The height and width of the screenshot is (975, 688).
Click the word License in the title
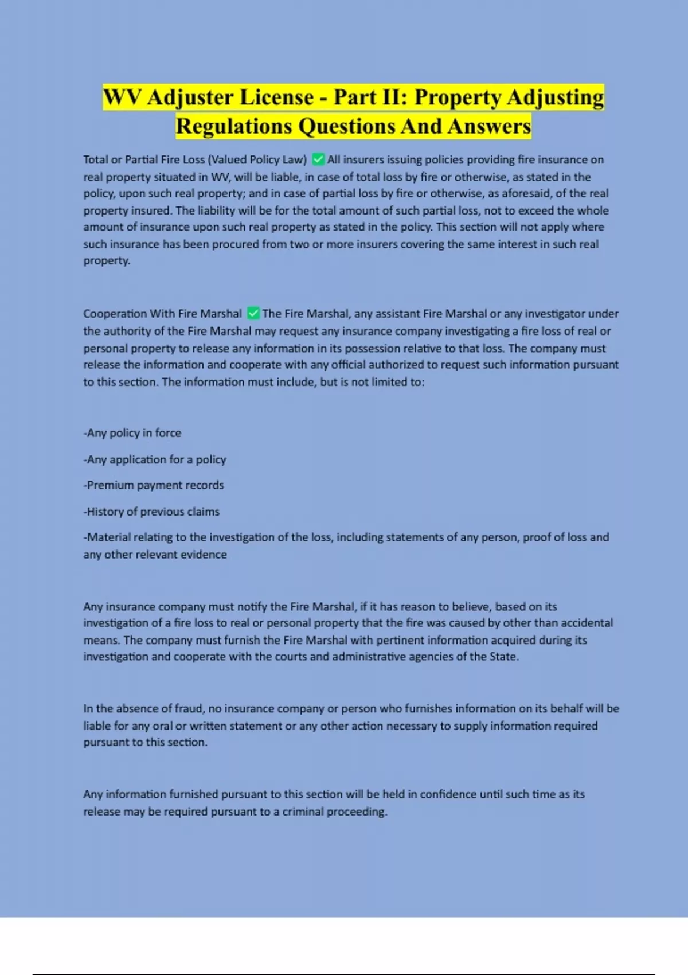276,97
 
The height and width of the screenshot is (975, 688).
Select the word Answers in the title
490,127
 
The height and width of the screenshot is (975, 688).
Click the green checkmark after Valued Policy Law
318,159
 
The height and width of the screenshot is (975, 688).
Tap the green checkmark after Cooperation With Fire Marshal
253,314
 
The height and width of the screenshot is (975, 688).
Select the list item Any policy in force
132,433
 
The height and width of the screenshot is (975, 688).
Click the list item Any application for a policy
155,459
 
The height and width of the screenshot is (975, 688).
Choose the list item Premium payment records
154,485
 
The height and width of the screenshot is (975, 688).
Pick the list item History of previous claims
151,512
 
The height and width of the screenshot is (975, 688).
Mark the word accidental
587,623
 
